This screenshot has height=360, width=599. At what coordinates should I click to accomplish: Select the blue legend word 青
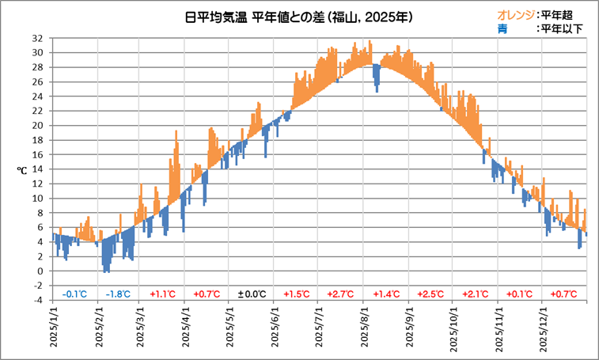pyautogui.click(x=502, y=29)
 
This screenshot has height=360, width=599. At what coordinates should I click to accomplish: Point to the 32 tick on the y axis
pyautogui.click(x=37, y=38)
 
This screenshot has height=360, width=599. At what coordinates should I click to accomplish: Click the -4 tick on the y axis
pyautogui.click(x=37, y=300)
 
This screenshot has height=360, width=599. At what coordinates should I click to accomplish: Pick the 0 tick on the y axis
pyautogui.click(x=40, y=271)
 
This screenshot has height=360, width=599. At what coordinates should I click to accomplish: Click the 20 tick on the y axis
pyautogui.click(x=37, y=125)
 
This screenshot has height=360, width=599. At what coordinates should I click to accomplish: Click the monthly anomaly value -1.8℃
pyautogui.click(x=119, y=294)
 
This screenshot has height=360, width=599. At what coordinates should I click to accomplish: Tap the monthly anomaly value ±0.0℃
pyautogui.click(x=252, y=294)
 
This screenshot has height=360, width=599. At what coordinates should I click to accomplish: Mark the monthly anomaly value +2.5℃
pyautogui.click(x=431, y=294)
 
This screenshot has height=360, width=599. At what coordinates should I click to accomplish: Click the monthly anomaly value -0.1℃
pyautogui.click(x=74, y=294)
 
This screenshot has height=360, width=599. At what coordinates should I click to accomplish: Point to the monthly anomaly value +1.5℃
pyautogui.click(x=297, y=294)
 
